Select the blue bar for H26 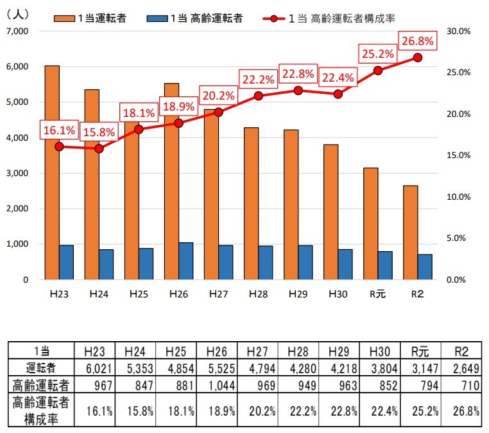coord(186,261)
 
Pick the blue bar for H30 coord(345,264)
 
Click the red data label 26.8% coord(418,42)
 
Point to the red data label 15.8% coord(99,132)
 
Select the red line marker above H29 coord(298,91)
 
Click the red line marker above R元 coord(378,71)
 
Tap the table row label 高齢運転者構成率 coord(41,409)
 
